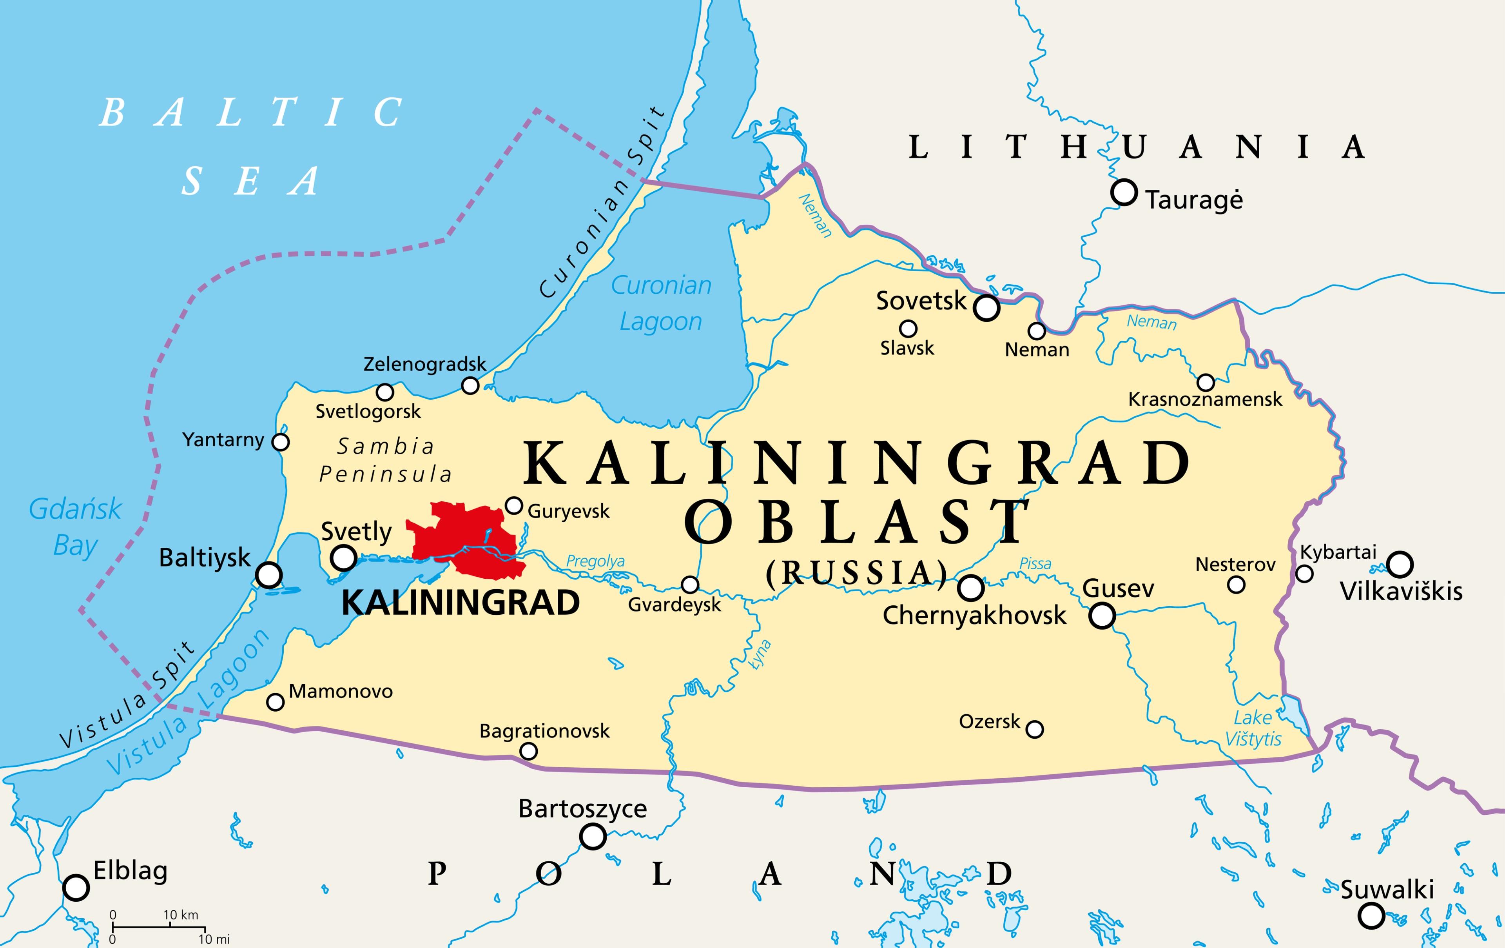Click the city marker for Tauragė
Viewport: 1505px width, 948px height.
pos(1124,192)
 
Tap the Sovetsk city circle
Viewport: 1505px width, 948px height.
pos(986,308)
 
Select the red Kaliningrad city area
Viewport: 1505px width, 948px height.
pos(466,538)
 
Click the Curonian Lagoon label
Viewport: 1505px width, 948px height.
pos(661,303)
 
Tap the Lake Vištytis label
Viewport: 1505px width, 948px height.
pos(1253,728)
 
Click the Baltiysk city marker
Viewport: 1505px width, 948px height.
pos(269,574)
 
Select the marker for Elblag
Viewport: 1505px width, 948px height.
pos(76,887)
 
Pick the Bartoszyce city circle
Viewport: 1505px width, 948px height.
pos(593,835)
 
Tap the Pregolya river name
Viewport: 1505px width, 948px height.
pos(595,561)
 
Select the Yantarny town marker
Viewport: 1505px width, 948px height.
pos(281,442)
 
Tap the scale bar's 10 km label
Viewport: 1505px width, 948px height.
pos(181,915)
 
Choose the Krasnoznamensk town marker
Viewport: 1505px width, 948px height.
pos(1206,382)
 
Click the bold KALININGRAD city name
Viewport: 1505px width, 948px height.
pos(461,603)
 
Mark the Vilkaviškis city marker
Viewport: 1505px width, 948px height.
pos(1400,564)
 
